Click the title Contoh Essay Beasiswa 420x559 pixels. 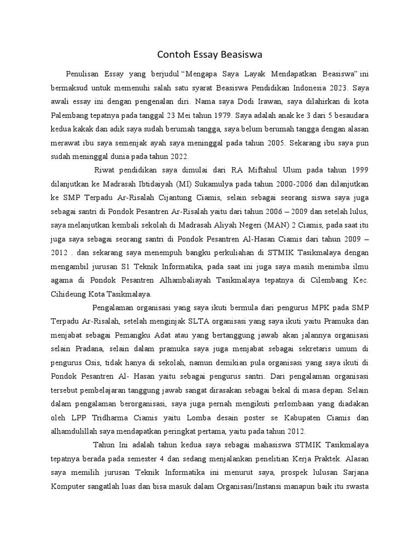[210, 55]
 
